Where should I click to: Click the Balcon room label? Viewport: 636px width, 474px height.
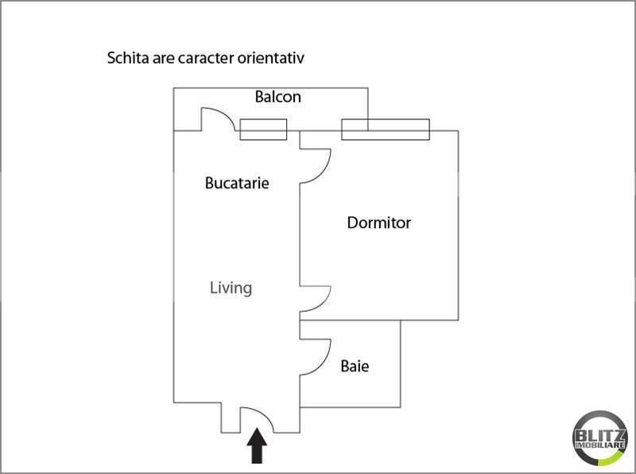click(277, 97)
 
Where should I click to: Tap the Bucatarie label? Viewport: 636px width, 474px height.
click(237, 183)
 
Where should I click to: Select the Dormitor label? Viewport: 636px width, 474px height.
click(378, 223)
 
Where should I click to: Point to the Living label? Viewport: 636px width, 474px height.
click(231, 288)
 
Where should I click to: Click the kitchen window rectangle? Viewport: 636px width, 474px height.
click(263, 130)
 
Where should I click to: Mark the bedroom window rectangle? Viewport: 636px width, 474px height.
click(386, 130)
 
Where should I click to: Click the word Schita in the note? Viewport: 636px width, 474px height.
click(125, 58)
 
